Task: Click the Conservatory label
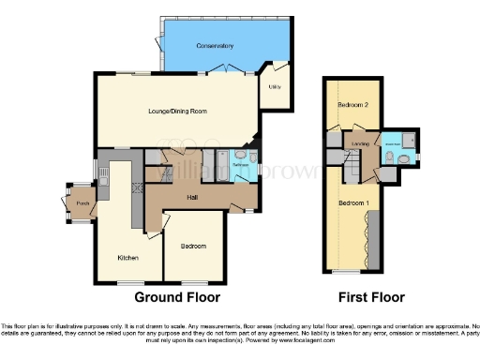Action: pos(215,46)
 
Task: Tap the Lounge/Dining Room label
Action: pos(177,111)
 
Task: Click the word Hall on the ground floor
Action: pos(191,197)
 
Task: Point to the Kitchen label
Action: pos(127,258)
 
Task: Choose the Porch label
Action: pos(82,203)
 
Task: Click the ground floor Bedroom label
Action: pos(193,246)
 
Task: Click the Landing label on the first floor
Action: pos(358,143)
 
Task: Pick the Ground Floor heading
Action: pos(177,297)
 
